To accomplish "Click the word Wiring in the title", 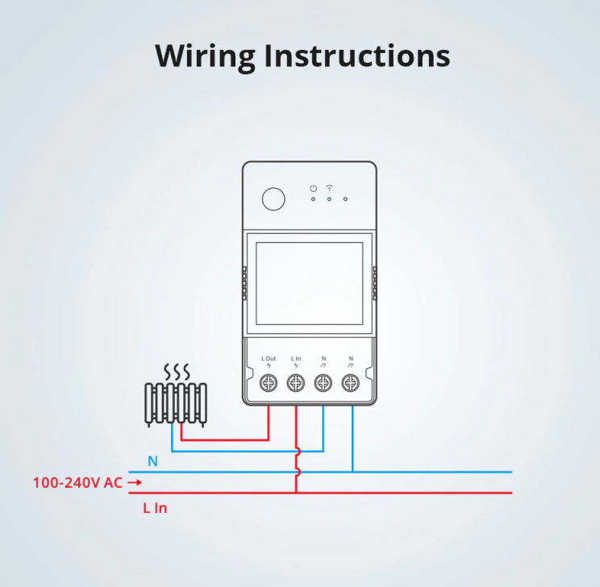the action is click(x=205, y=57).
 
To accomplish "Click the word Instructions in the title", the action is click(x=357, y=56).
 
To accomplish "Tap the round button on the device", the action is click(x=273, y=199).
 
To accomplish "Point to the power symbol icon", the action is click(x=314, y=188).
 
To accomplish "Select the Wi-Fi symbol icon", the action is click(x=330, y=188).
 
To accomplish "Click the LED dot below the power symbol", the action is click(x=314, y=199).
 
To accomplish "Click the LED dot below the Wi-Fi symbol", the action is click(x=329, y=199).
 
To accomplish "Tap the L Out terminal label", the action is click(x=269, y=359).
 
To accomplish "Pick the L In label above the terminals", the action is click(x=296, y=359).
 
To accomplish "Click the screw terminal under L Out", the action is click(x=269, y=383).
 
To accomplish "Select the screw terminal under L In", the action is click(x=296, y=383).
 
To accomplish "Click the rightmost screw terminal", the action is click(x=351, y=383).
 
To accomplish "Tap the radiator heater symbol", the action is click(x=176, y=405).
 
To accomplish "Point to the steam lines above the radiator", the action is click(x=177, y=371).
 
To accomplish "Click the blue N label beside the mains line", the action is click(x=152, y=461).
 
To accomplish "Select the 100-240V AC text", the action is click(x=77, y=483).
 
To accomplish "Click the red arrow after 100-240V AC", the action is click(x=135, y=483).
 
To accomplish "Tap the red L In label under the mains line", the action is click(x=155, y=508).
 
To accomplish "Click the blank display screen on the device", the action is click(x=309, y=283).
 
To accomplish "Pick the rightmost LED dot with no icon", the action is click(x=345, y=199).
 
